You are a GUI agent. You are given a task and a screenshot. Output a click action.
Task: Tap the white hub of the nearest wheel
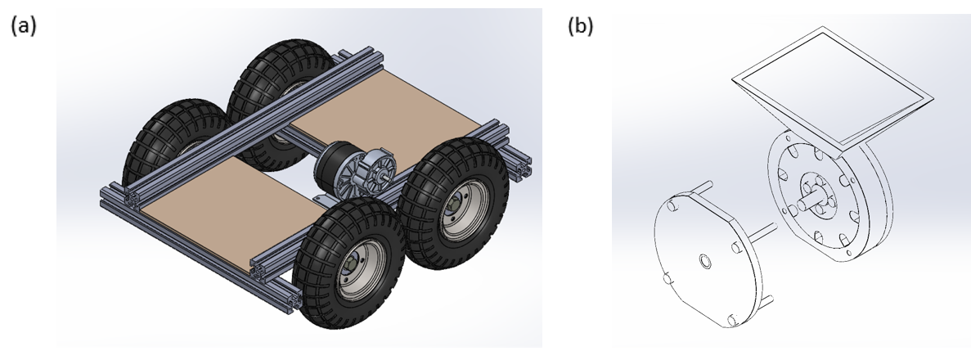(354, 269)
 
